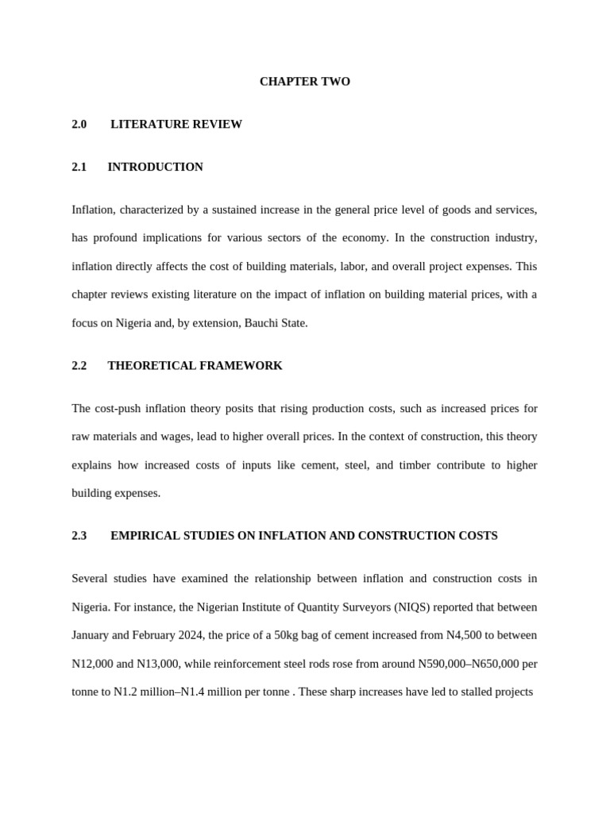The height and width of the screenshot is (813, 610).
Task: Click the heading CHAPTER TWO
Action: click(x=304, y=82)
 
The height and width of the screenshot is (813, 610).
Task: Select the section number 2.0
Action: click(x=79, y=124)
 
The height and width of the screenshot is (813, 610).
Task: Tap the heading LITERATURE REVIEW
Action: click(x=176, y=124)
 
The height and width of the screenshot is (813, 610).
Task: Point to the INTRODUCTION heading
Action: click(x=155, y=167)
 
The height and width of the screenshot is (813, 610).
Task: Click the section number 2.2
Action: click(x=79, y=365)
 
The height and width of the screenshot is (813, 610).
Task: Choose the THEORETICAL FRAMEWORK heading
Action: click(x=195, y=365)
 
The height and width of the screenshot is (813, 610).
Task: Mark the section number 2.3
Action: click(x=79, y=535)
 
